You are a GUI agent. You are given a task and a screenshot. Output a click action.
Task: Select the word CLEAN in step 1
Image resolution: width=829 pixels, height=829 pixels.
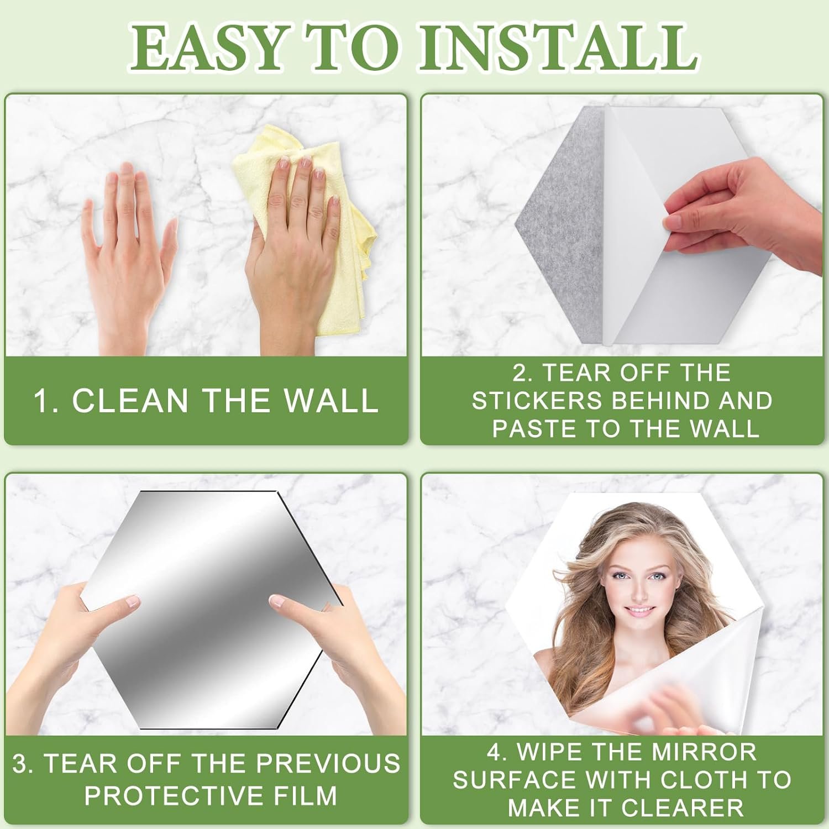[x=130, y=401]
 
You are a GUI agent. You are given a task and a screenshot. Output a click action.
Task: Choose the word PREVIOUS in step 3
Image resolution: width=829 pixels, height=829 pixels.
[x=328, y=764]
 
